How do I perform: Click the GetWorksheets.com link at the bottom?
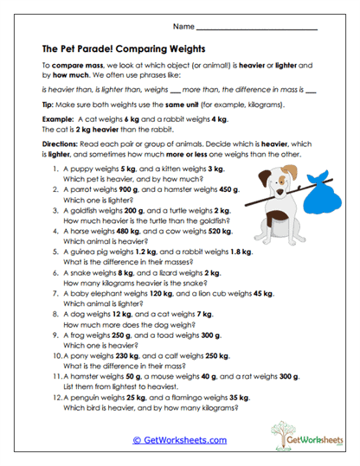[x=180, y=439]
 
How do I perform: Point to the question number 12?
[x=49, y=397]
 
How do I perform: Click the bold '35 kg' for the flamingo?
[x=241, y=397]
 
